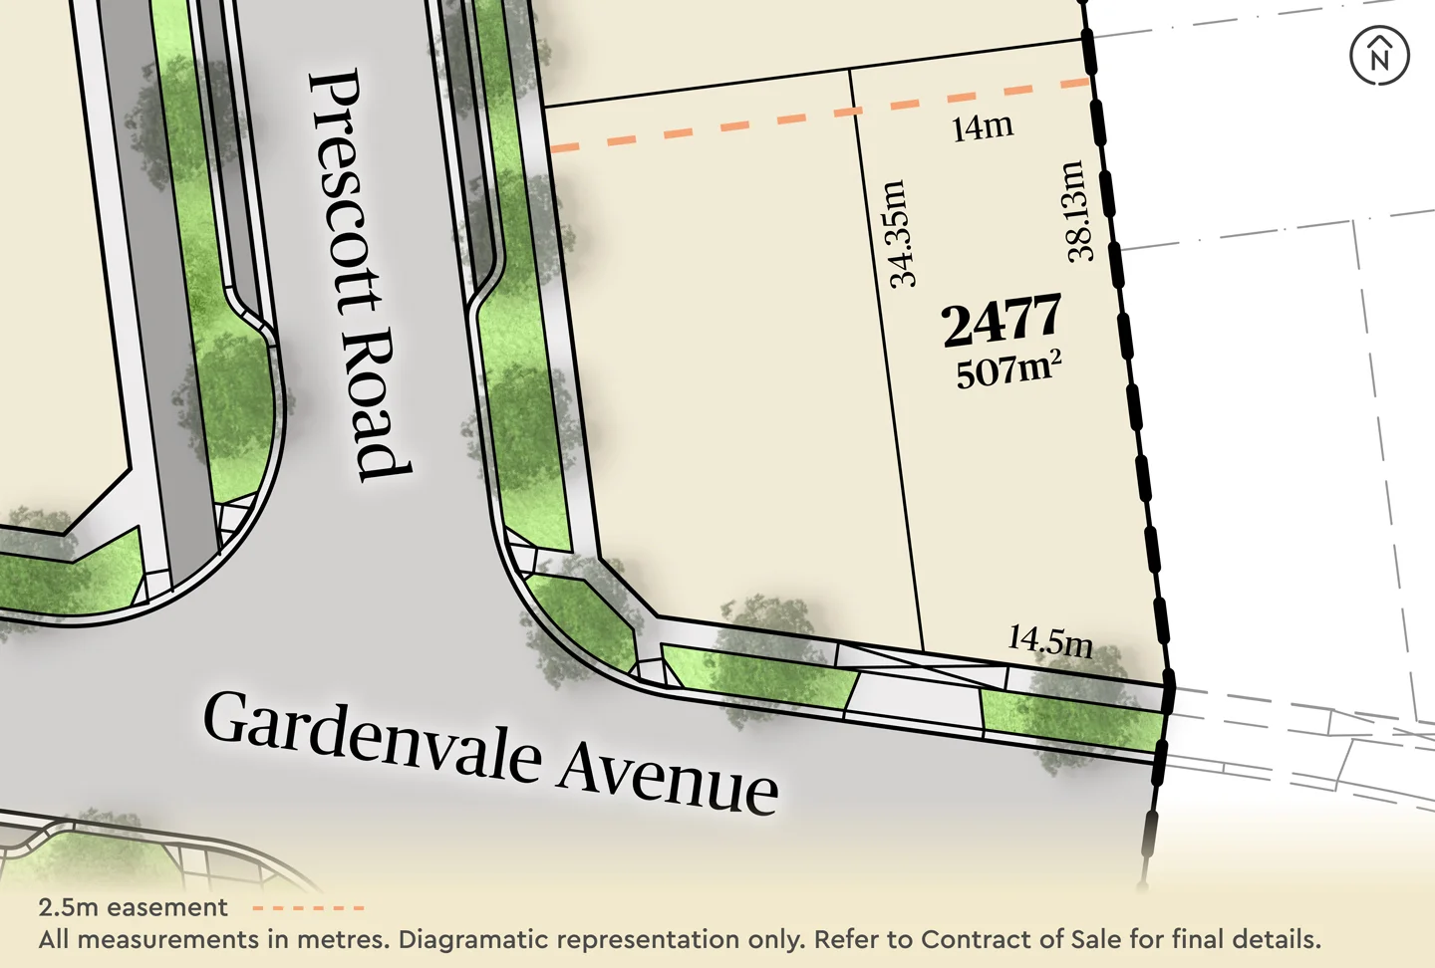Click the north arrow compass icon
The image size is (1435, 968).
[x=1379, y=55]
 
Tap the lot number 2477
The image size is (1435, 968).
[x=1002, y=321]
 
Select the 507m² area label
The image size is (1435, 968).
[x=1008, y=370]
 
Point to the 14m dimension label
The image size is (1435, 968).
[x=983, y=127]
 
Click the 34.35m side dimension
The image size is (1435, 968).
[x=900, y=235]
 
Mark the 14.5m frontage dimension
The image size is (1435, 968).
[x=1050, y=640]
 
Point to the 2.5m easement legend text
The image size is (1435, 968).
[x=133, y=907]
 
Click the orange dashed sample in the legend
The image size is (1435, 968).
[x=308, y=908]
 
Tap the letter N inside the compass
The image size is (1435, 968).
[x=1379, y=59]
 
